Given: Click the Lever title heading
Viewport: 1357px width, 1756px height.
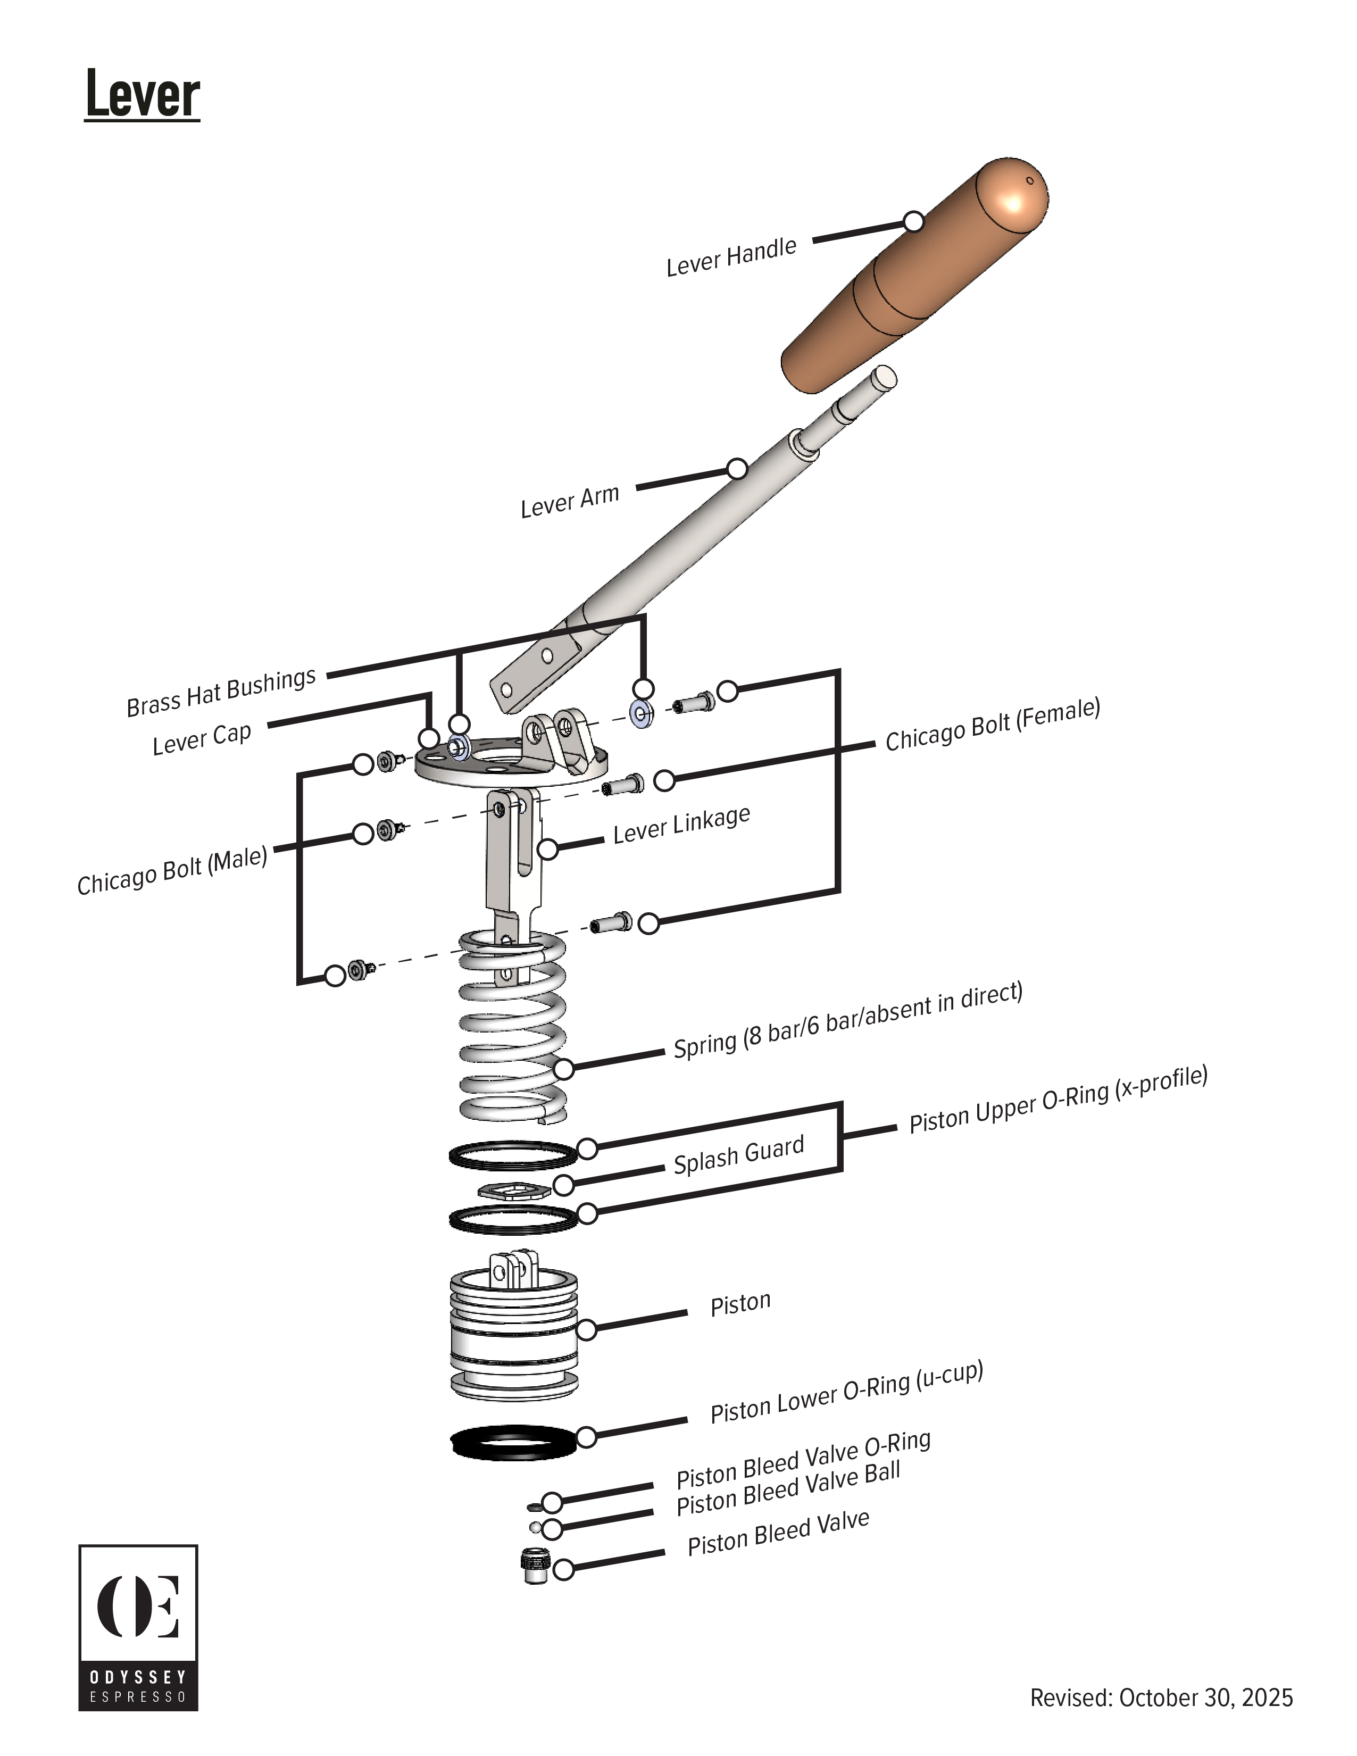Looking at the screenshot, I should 142,95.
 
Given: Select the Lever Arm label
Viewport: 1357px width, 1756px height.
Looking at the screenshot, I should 569,501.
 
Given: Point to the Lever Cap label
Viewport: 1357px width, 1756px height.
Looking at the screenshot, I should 202,738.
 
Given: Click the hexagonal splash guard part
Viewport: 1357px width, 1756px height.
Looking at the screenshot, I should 514,1191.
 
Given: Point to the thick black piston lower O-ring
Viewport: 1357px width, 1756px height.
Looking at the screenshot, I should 513,1443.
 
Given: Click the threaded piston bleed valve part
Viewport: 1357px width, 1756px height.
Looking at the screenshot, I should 534,1566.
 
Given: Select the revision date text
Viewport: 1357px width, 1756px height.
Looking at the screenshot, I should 1161,1697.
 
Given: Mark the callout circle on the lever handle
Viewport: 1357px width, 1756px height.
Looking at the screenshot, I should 913,221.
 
